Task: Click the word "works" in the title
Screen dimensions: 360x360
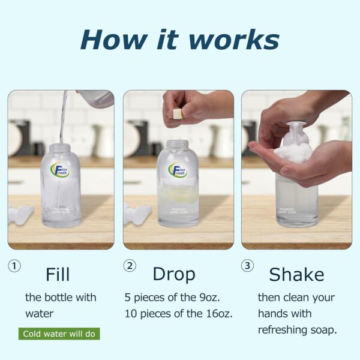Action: click(234, 40)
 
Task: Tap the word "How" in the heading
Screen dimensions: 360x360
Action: click(114, 40)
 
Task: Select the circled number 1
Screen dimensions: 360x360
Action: click(14, 266)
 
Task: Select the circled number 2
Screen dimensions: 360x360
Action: click(130, 266)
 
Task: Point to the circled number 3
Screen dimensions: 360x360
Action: click(247, 266)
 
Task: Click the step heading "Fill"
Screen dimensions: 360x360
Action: click(58, 274)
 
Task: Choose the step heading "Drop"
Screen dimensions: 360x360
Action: click(174, 275)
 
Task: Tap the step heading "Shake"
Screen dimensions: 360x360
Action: click(296, 274)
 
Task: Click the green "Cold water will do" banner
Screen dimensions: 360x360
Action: click(59, 334)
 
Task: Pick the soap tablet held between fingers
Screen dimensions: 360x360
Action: click(177, 113)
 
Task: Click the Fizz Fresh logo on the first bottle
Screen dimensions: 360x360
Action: click(59, 170)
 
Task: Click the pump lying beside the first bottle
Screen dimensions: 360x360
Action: click(20, 214)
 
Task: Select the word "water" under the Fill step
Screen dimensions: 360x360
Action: click(39, 314)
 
